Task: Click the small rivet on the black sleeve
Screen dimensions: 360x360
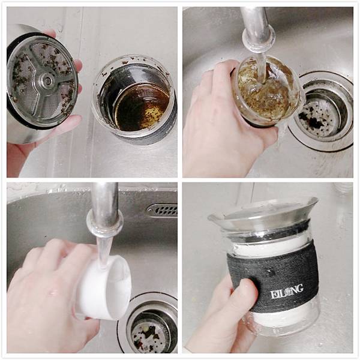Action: [268, 270]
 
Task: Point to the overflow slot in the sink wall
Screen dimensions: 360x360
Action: [163, 210]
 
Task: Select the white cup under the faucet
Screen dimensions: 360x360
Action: [104, 287]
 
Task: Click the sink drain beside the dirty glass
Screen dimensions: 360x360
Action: [321, 111]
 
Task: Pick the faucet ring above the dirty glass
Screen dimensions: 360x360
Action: [259, 38]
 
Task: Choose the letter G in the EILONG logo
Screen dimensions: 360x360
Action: [299, 289]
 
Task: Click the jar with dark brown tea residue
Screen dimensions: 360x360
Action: [134, 99]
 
